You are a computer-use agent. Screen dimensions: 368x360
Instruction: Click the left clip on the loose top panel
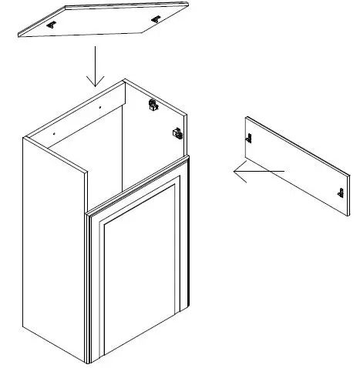coord(52,25)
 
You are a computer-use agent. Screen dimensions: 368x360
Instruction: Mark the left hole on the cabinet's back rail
coord(53,132)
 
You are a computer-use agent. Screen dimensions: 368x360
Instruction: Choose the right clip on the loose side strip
coord(339,191)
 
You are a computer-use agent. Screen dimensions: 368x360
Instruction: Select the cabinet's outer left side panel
coord(54,246)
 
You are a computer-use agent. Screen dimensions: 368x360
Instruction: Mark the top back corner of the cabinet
coord(124,79)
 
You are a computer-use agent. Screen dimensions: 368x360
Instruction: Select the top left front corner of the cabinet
coord(24,138)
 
